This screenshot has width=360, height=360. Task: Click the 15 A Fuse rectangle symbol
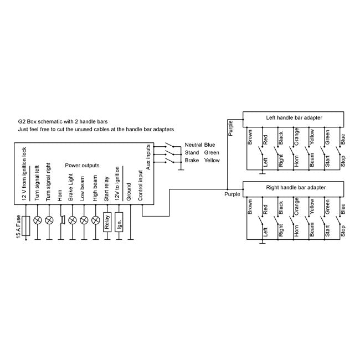pos(26,226)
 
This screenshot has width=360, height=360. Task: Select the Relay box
pos(107,222)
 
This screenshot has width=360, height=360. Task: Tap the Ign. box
pos(119,222)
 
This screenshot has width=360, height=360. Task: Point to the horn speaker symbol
pos(63,220)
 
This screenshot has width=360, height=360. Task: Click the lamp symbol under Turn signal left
pos(37,220)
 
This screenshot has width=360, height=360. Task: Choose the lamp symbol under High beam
pos(96,220)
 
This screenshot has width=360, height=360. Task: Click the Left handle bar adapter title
pos(294,118)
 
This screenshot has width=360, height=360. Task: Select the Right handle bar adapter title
pos(296,188)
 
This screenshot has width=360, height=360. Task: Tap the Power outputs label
pos(82,166)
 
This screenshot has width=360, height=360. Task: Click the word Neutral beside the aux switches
pos(193,145)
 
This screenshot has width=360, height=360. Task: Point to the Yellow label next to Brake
pos(212,161)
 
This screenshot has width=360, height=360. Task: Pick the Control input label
pos(140,186)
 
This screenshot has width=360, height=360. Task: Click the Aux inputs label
pos(148,157)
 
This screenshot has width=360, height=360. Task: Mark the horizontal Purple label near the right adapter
pos(232,194)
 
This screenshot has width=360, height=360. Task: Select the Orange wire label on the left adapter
pos(296,137)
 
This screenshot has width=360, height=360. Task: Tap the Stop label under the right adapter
pos(343,231)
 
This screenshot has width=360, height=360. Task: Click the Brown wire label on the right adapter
pos(250,207)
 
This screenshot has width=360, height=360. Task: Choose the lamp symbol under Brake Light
pos(73,220)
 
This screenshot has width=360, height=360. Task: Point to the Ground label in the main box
pos(128,192)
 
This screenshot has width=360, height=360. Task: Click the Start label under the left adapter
pos(327,161)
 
